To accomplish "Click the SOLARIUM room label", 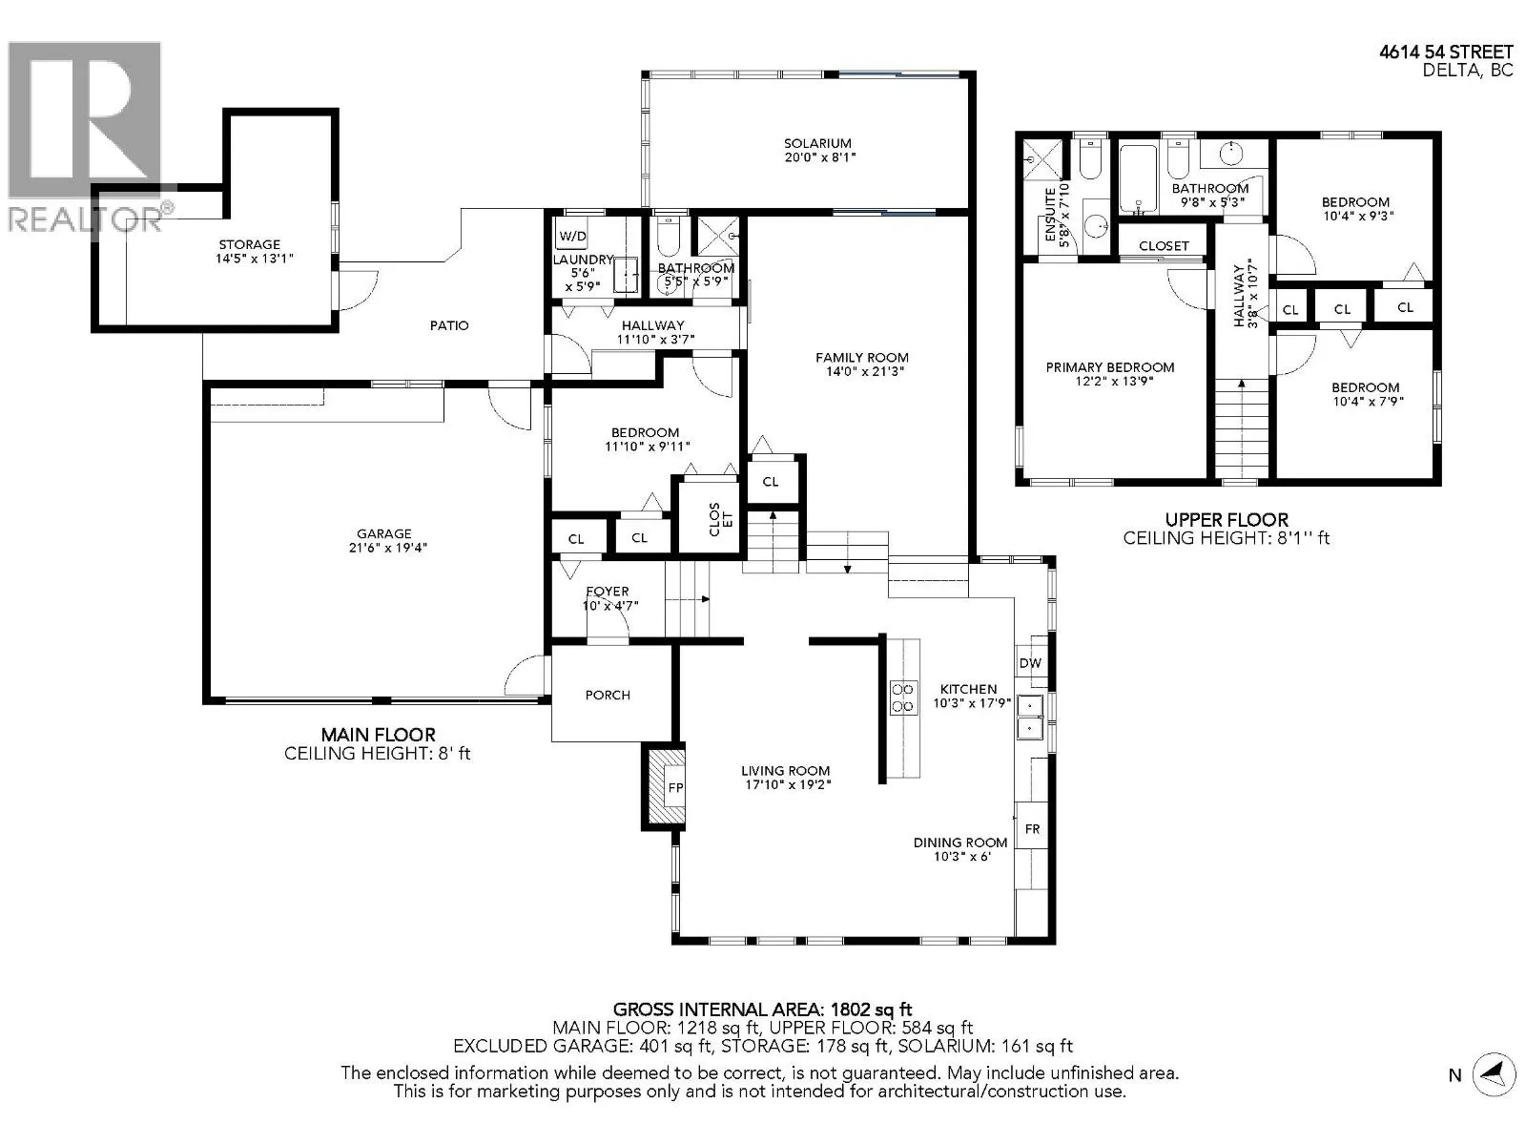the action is point(816,143).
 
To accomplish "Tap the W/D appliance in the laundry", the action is point(572,236).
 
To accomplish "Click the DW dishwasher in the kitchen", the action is point(1031,663).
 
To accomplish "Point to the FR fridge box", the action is point(1032,828).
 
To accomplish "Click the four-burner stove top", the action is point(902,697).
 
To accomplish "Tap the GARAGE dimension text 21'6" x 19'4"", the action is point(387,547).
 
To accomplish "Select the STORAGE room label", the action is point(250,244).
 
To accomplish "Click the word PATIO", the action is point(449,325).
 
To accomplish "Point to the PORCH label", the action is point(608,696).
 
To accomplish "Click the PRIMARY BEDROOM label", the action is point(1109,367).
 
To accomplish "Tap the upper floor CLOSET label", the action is point(1164,246).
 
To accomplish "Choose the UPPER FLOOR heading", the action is point(1227,519).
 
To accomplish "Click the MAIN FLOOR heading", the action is point(379,735).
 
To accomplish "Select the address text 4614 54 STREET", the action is point(1446,52).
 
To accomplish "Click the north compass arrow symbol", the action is point(1494,1074).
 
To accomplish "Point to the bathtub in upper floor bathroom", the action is point(1138,179).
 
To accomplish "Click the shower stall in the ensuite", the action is point(1042,159).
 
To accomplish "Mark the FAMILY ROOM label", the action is point(862,357).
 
